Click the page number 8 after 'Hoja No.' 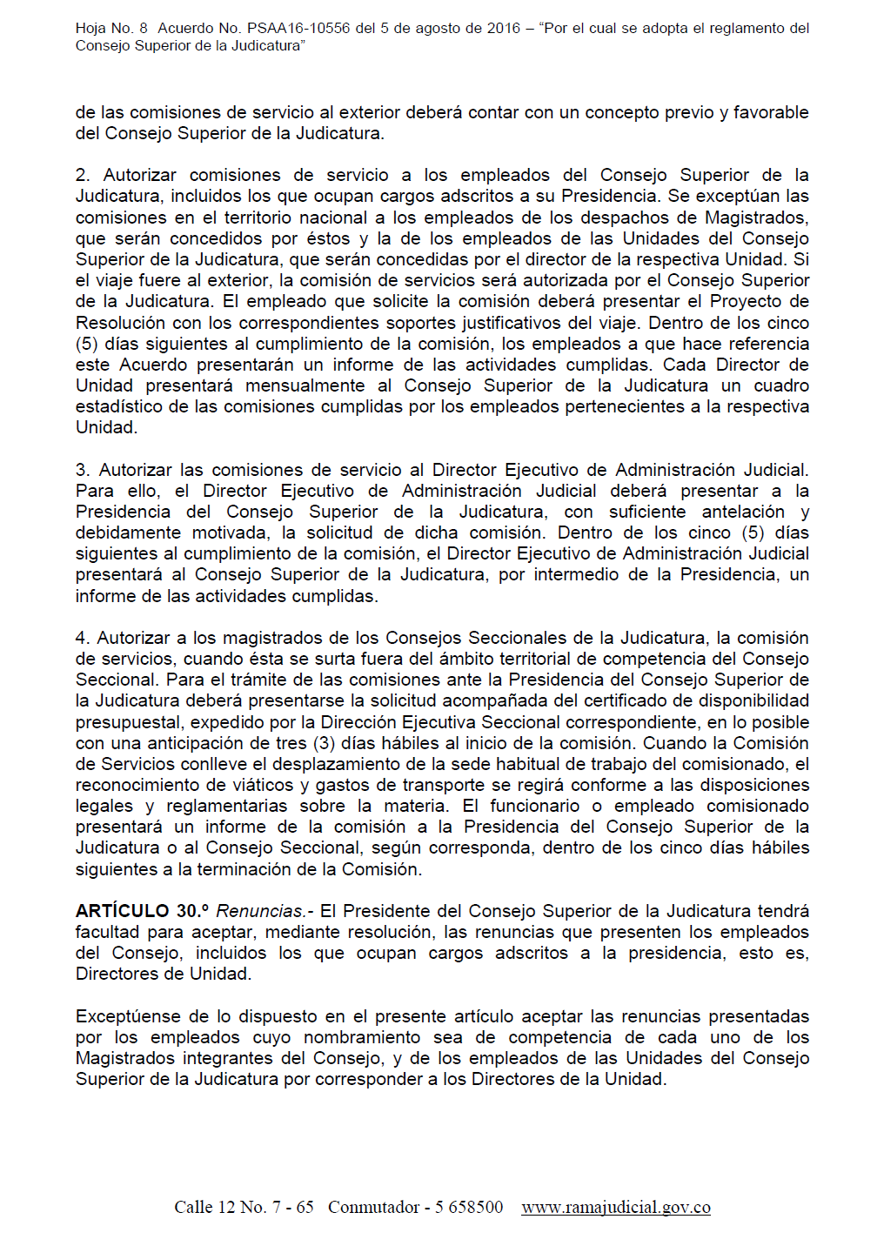tap(144, 28)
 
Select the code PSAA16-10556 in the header tap(298, 28)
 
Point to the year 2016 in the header tap(504, 28)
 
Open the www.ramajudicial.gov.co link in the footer tap(616, 1207)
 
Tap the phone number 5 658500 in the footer tap(469, 1207)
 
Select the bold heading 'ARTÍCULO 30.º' tap(142, 911)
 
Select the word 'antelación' tap(743, 512)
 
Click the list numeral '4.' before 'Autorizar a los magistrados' tap(83, 638)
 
